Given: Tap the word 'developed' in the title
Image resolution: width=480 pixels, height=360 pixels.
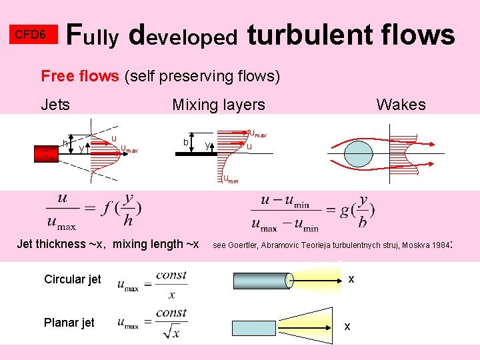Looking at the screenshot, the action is click(x=183, y=36).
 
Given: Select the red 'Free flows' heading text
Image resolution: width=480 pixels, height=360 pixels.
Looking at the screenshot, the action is click(x=79, y=76).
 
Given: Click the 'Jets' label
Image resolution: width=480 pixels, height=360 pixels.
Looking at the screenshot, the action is click(x=55, y=105).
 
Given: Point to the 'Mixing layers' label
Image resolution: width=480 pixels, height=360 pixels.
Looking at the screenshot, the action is click(x=218, y=105).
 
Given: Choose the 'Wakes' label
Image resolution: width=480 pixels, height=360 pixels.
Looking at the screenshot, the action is click(x=401, y=105).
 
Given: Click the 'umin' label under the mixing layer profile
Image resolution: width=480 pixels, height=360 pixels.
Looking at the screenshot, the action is click(x=230, y=178).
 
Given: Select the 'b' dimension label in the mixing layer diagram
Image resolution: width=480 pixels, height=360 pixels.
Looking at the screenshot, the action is click(x=186, y=141).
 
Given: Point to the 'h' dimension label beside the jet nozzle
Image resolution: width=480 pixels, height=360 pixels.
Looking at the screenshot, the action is click(x=65, y=143).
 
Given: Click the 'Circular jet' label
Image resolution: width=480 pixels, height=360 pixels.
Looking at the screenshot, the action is click(x=72, y=279).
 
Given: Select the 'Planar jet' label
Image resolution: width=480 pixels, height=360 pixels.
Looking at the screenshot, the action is click(x=69, y=323).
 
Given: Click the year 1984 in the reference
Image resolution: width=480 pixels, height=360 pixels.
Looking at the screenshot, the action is click(x=440, y=245).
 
